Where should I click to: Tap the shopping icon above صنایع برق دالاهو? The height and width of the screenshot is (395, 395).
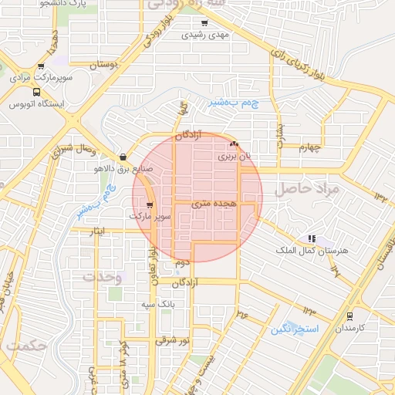point(123,157)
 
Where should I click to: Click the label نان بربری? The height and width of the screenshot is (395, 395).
point(234,157)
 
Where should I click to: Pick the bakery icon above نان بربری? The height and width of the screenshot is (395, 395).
point(234,144)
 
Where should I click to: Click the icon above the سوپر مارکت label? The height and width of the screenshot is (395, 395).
point(149,205)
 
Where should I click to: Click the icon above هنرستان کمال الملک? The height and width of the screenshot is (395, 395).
point(311,239)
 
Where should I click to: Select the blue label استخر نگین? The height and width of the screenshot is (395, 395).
point(291,330)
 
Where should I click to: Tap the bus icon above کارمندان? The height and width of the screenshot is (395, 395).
point(349,316)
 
